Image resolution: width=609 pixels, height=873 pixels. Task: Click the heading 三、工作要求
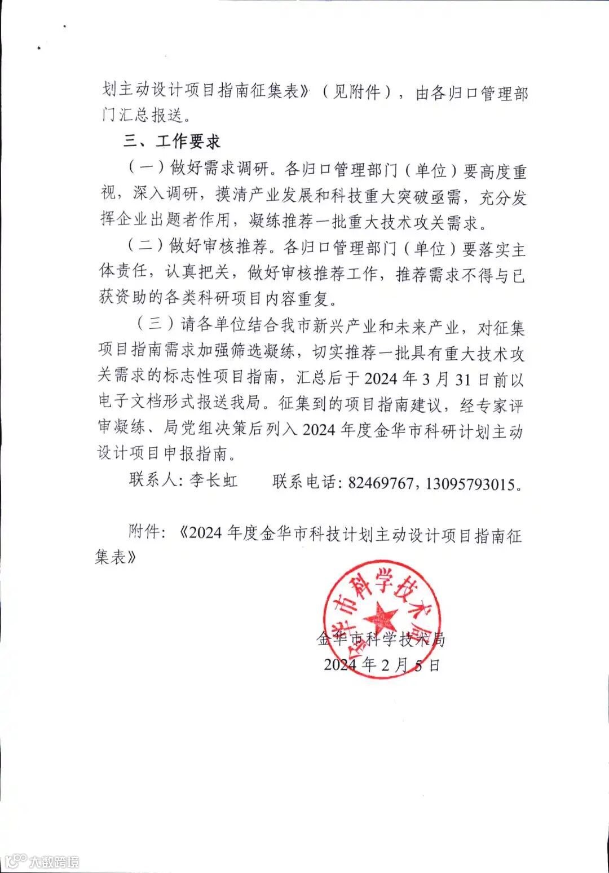(x=172, y=142)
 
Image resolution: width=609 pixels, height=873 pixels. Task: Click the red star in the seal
(x=382, y=617)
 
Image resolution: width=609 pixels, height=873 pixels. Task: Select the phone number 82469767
(x=381, y=483)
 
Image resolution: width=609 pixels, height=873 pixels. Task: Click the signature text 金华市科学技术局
(x=382, y=639)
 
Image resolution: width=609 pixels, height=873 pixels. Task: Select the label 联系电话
(x=304, y=482)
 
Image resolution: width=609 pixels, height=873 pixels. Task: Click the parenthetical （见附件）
(x=356, y=92)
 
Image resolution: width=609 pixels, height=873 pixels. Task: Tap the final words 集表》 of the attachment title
(x=116, y=557)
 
